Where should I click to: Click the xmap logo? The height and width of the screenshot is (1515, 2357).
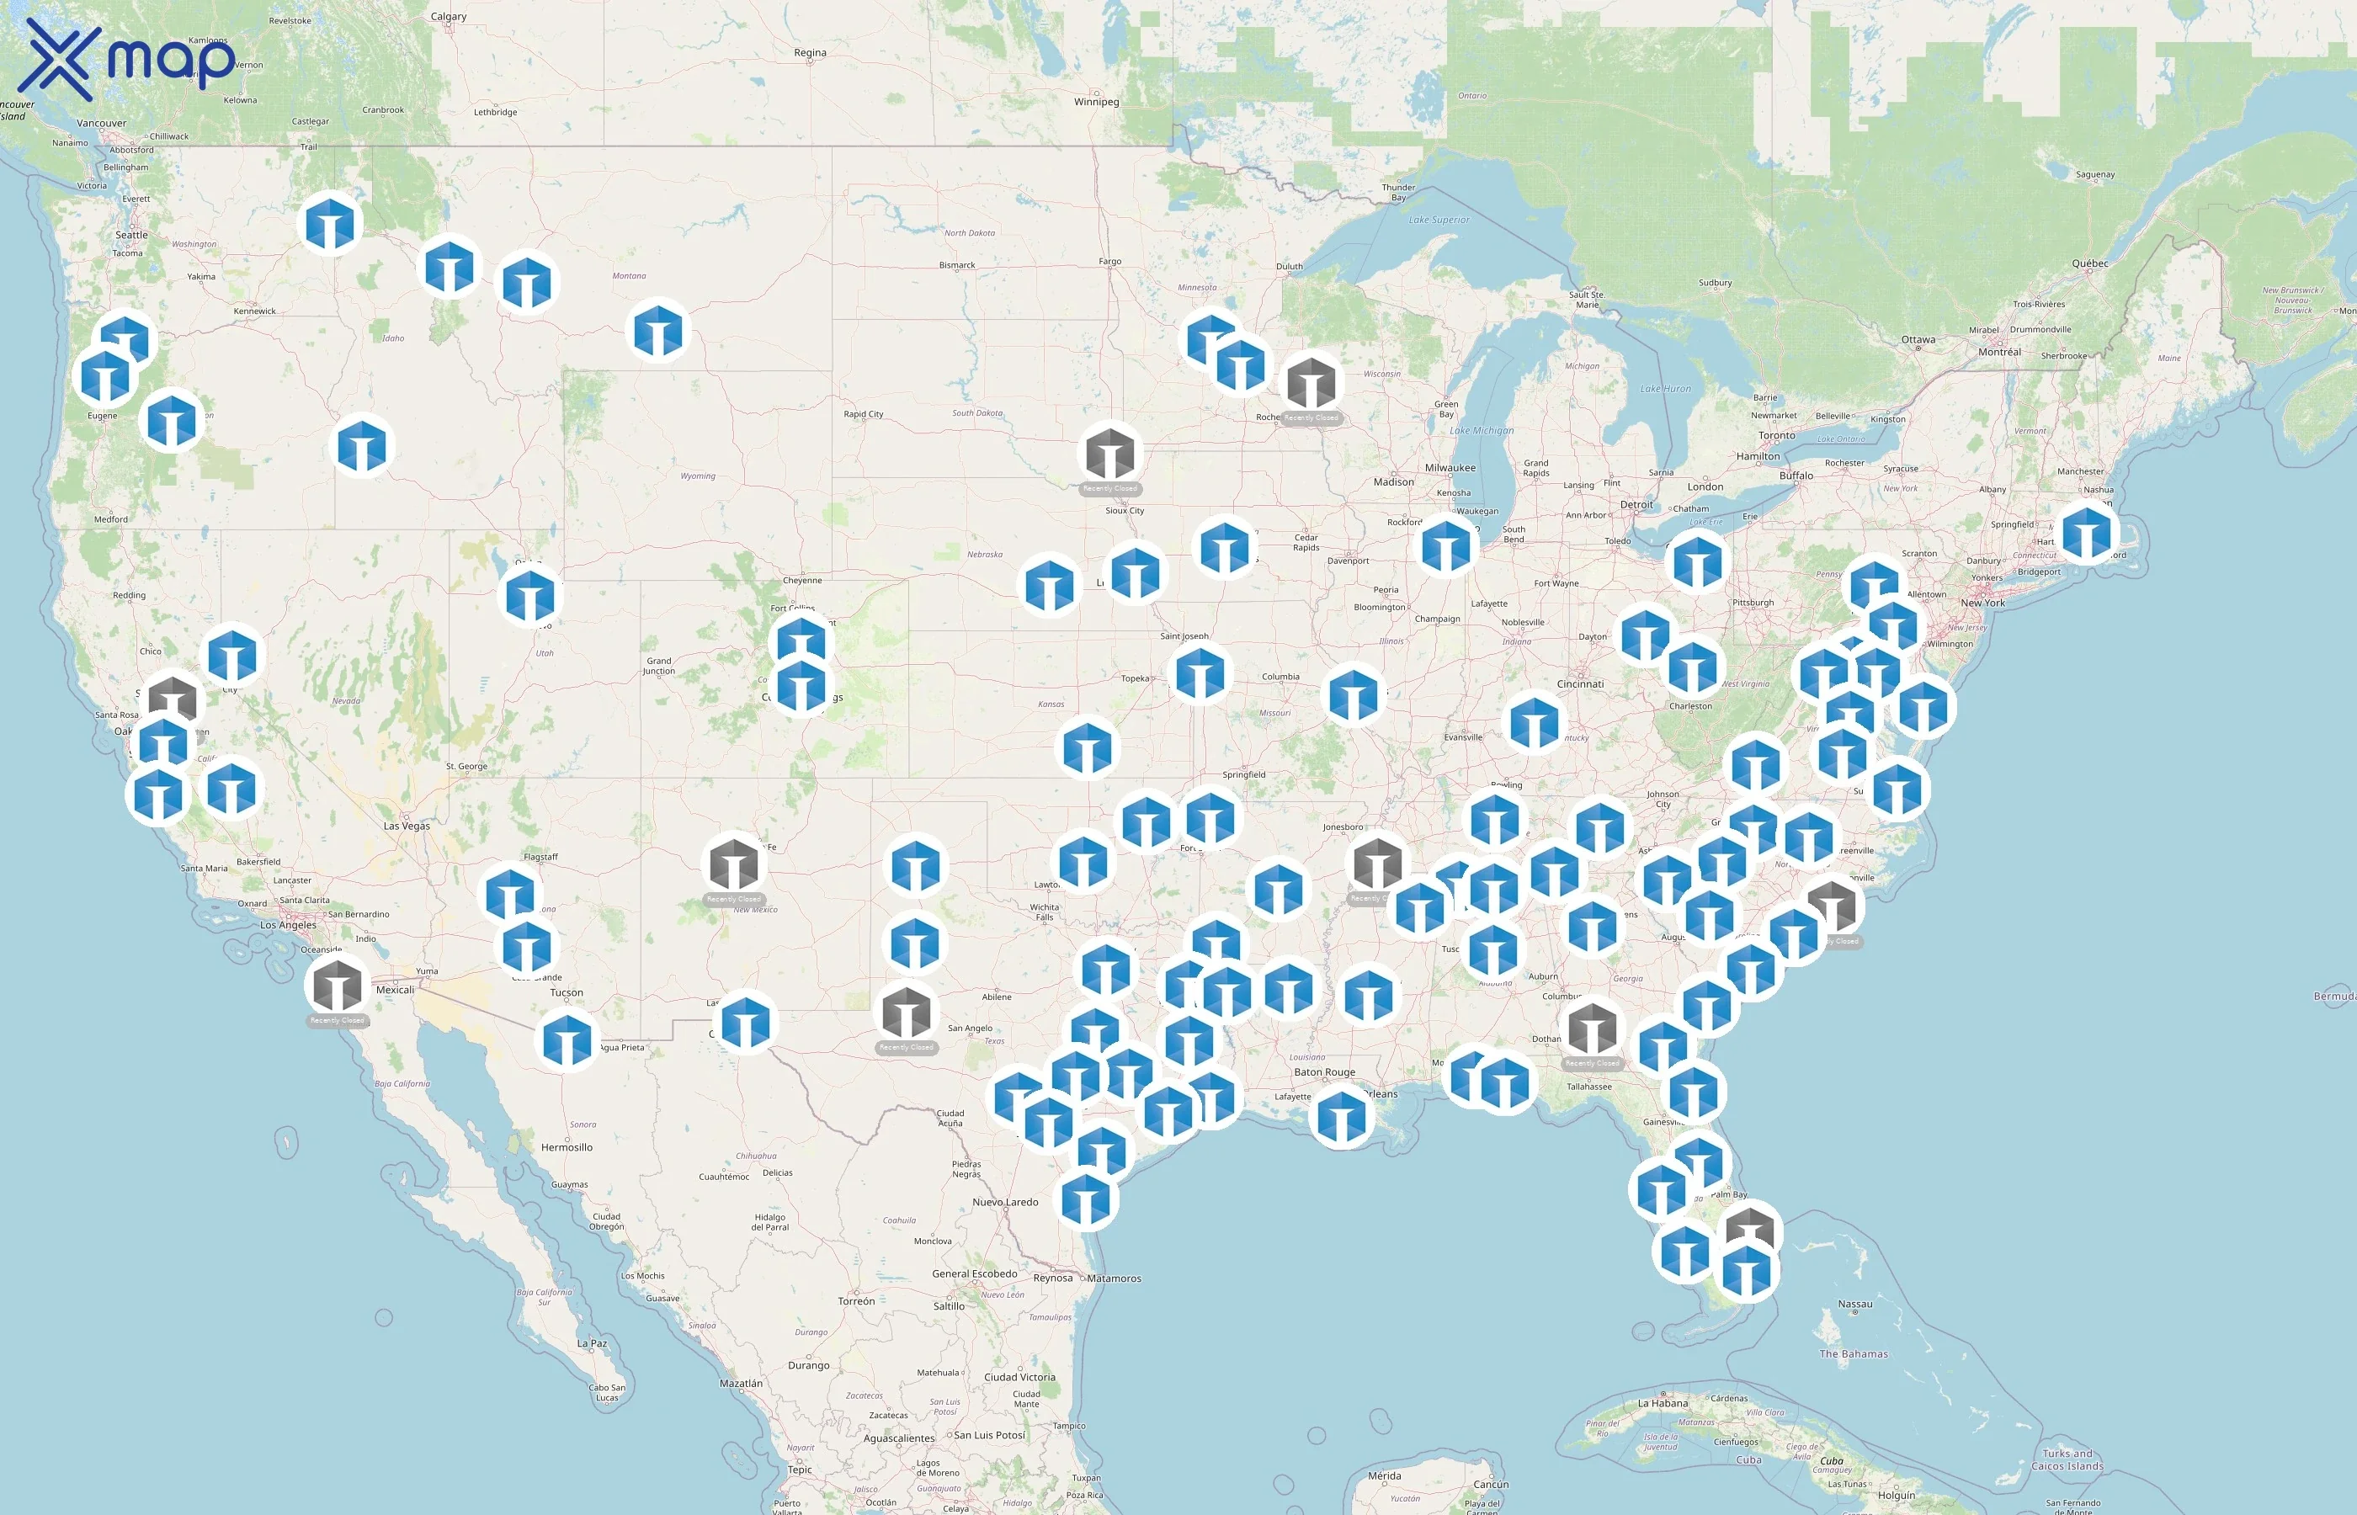[x=128, y=59]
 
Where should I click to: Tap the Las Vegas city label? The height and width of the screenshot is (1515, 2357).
[x=407, y=826]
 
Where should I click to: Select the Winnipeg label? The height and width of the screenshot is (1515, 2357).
[x=1096, y=101]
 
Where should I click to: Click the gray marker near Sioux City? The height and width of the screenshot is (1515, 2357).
[x=1109, y=454]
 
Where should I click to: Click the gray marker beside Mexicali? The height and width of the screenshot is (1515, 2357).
[x=338, y=984]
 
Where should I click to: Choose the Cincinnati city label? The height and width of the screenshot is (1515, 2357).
[x=1580, y=683]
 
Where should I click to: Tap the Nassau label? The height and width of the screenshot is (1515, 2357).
[x=1854, y=1305]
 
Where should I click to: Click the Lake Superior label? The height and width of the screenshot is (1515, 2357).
[x=1439, y=220]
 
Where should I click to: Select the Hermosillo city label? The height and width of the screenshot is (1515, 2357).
[x=567, y=1147]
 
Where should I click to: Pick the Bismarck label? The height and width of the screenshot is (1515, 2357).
[x=956, y=264]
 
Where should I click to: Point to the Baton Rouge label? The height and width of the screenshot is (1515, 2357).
[x=1324, y=1072]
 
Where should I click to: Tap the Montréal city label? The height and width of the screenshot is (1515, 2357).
[x=1999, y=351]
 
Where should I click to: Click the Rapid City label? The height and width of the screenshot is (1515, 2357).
[x=863, y=414]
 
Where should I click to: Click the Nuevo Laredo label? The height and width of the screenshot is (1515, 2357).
[x=1004, y=1202]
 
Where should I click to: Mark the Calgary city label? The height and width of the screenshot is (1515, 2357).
[x=449, y=17]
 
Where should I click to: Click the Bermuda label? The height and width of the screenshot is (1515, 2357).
[x=2333, y=997]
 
